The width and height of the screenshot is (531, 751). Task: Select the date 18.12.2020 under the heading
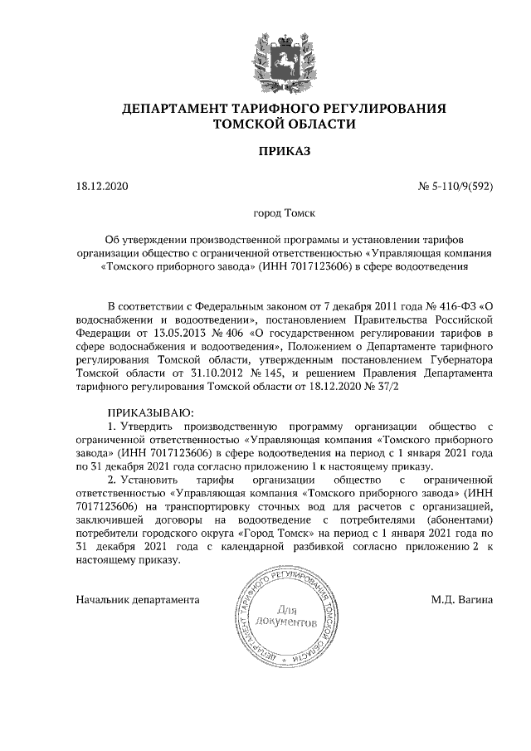[103, 186]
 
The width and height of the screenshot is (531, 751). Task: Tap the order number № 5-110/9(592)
[455, 186]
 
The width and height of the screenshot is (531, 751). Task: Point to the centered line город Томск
[284, 213]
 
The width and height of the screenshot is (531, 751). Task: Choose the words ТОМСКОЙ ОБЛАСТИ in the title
[285, 124]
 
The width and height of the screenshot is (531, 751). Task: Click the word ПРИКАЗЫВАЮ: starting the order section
[150, 413]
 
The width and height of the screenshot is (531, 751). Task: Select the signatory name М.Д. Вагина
[462, 597]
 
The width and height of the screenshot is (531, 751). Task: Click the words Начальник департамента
[137, 597]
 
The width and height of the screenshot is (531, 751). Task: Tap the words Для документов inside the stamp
[286, 615]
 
